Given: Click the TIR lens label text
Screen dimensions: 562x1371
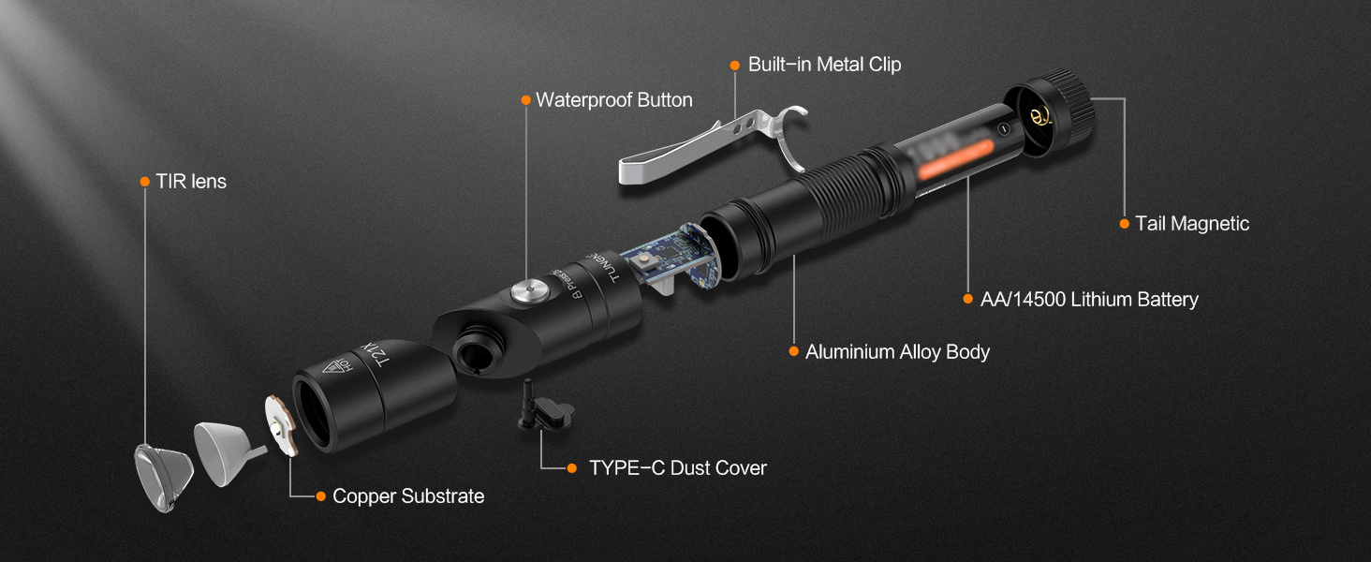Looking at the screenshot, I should tap(191, 182).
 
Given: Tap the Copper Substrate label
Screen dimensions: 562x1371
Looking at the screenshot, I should tap(408, 496).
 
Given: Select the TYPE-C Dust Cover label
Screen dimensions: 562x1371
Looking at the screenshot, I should tap(677, 467).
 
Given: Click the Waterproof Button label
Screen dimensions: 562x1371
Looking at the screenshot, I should tap(613, 100).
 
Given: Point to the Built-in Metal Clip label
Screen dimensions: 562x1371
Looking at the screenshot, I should tap(824, 65).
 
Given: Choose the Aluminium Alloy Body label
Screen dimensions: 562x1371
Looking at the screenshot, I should tap(897, 352).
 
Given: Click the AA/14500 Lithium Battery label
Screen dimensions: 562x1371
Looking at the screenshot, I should tap(1088, 300).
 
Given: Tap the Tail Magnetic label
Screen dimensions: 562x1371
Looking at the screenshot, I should tap(1191, 224).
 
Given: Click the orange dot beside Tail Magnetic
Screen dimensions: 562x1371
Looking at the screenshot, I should tap(1124, 224).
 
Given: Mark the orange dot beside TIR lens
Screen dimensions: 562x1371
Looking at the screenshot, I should tap(144, 182).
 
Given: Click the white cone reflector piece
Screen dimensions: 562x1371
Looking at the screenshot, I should tap(222, 451).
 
